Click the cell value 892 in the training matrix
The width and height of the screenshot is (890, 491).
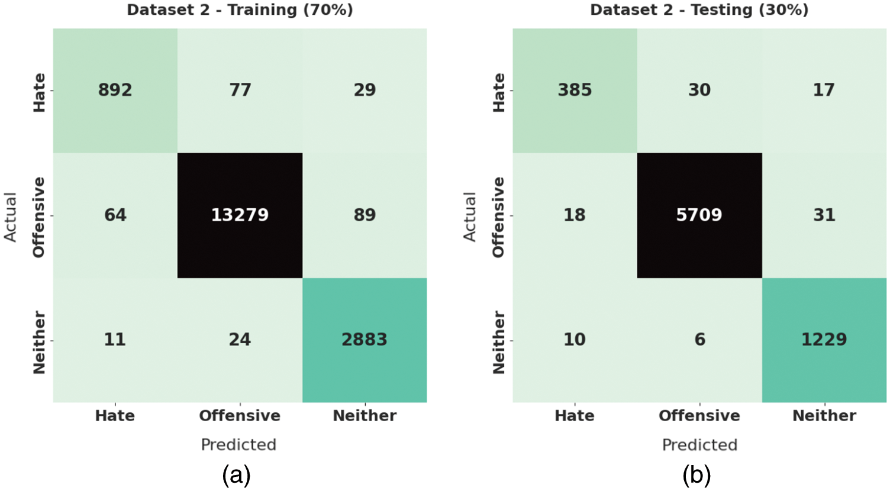pyautogui.click(x=115, y=90)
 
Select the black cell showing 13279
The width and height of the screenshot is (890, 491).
pyautogui.click(x=240, y=215)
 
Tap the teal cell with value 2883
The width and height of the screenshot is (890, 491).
pyautogui.click(x=365, y=340)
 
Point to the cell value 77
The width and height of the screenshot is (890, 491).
pyautogui.click(x=240, y=90)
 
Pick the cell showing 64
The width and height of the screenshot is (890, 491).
pyautogui.click(x=115, y=215)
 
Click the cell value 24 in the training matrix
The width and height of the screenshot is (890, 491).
pyautogui.click(x=240, y=340)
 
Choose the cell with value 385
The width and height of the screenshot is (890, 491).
pyautogui.click(x=575, y=90)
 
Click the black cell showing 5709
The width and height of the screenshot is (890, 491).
pyautogui.click(x=699, y=215)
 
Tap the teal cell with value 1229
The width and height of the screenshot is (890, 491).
pyautogui.click(x=824, y=340)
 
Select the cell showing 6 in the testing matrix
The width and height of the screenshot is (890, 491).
pyautogui.click(x=699, y=340)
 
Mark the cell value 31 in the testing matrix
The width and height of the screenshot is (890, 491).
pyautogui.click(x=824, y=215)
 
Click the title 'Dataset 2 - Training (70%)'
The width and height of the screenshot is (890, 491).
pyautogui.click(x=240, y=10)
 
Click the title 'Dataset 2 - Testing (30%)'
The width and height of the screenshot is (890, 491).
pyautogui.click(x=699, y=10)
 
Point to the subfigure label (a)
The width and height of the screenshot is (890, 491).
pyautogui.click(x=237, y=475)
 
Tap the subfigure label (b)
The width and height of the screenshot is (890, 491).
pyautogui.click(x=696, y=475)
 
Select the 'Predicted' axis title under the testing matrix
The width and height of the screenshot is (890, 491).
pyautogui.click(x=699, y=445)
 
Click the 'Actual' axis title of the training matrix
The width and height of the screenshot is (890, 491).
pyautogui.click(x=10, y=217)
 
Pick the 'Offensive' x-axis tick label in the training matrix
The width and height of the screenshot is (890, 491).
pyautogui.click(x=240, y=416)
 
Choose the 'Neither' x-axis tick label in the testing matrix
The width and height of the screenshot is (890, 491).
pyautogui.click(x=824, y=416)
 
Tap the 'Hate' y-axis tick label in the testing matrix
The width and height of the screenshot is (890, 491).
pyautogui.click(x=499, y=92)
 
